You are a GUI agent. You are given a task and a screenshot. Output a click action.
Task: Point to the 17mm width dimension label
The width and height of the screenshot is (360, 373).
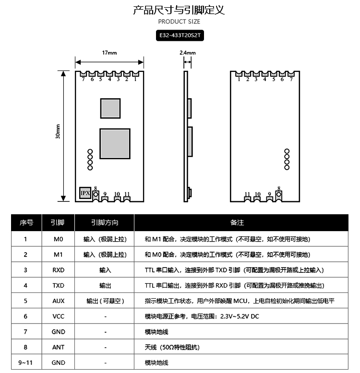pyautogui.click(x=109, y=53)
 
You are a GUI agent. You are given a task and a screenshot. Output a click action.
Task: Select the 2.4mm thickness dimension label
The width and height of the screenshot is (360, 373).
pyautogui.click(x=187, y=53)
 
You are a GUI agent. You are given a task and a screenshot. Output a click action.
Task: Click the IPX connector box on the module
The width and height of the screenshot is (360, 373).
pyautogui.click(x=85, y=193)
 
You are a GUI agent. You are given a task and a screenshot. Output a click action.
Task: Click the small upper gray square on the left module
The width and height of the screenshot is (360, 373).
pyautogui.click(x=110, y=108)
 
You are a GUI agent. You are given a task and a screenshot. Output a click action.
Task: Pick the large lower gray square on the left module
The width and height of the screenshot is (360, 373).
pyautogui.click(x=115, y=144)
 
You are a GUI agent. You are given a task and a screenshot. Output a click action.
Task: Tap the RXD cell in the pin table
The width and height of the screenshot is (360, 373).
pyautogui.click(x=58, y=270)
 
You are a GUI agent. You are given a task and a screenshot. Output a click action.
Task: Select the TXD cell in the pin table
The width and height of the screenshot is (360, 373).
pyautogui.click(x=58, y=286)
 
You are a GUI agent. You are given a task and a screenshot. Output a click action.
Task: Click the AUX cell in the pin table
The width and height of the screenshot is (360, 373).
pyautogui.click(x=58, y=301)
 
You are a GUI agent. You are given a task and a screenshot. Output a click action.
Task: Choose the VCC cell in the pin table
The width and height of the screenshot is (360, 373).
pyautogui.click(x=58, y=316)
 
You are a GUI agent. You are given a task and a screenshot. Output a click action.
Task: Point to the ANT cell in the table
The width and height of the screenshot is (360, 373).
pyautogui.click(x=58, y=347)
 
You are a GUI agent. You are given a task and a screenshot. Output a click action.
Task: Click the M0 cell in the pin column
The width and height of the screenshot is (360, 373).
pyautogui.click(x=58, y=239)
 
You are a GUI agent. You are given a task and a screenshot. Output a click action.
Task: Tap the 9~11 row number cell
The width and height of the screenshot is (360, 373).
pyautogui.click(x=25, y=363)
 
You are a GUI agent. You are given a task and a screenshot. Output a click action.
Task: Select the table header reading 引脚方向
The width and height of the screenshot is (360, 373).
pyautogui.click(x=105, y=223)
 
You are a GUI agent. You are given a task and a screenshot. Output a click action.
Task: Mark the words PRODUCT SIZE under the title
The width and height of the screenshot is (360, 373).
pyautogui.click(x=179, y=22)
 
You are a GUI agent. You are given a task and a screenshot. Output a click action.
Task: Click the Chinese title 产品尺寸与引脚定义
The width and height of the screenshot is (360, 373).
pyautogui.click(x=179, y=10)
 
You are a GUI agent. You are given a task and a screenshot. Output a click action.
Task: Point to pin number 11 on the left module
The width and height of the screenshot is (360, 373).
pyautogui.click(x=127, y=194)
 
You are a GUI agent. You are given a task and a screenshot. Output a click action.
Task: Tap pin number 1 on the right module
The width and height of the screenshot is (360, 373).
pyautogui.click(x=239, y=79)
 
